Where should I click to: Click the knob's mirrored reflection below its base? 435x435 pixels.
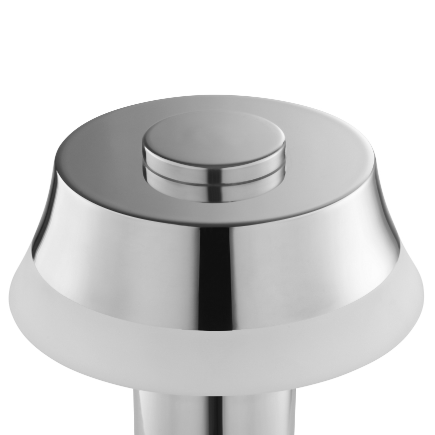tap(213, 188)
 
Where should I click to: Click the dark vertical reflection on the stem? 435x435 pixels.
tap(200, 416)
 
